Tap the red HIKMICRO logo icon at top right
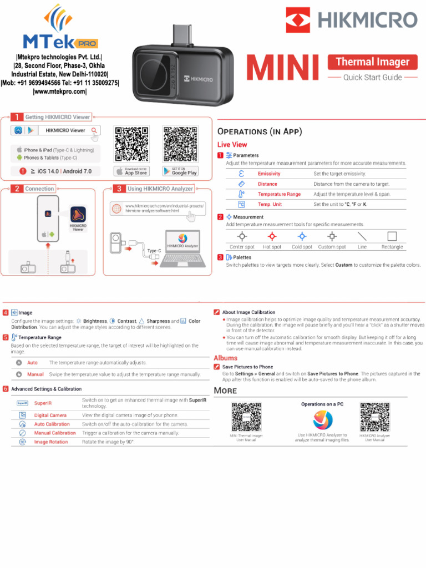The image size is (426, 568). click(x=298, y=20)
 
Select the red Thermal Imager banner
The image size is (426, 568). click(x=372, y=62)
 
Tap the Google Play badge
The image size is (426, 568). click(x=180, y=171)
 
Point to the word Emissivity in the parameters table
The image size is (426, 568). click(x=269, y=174)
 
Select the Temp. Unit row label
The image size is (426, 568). click(x=270, y=204)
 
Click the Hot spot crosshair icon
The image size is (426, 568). click(x=272, y=236)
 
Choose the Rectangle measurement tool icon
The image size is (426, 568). click(x=392, y=236)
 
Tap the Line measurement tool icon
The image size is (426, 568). click(x=362, y=236)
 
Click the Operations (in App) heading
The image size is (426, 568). click(x=260, y=131)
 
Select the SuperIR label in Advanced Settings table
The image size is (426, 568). click(x=43, y=403)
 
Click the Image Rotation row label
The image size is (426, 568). click(x=51, y=442)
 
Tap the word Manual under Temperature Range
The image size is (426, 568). click(x=35, y=374)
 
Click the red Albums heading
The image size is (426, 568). click(x=226, y=358)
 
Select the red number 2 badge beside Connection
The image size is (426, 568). click(x=17, y=189)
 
